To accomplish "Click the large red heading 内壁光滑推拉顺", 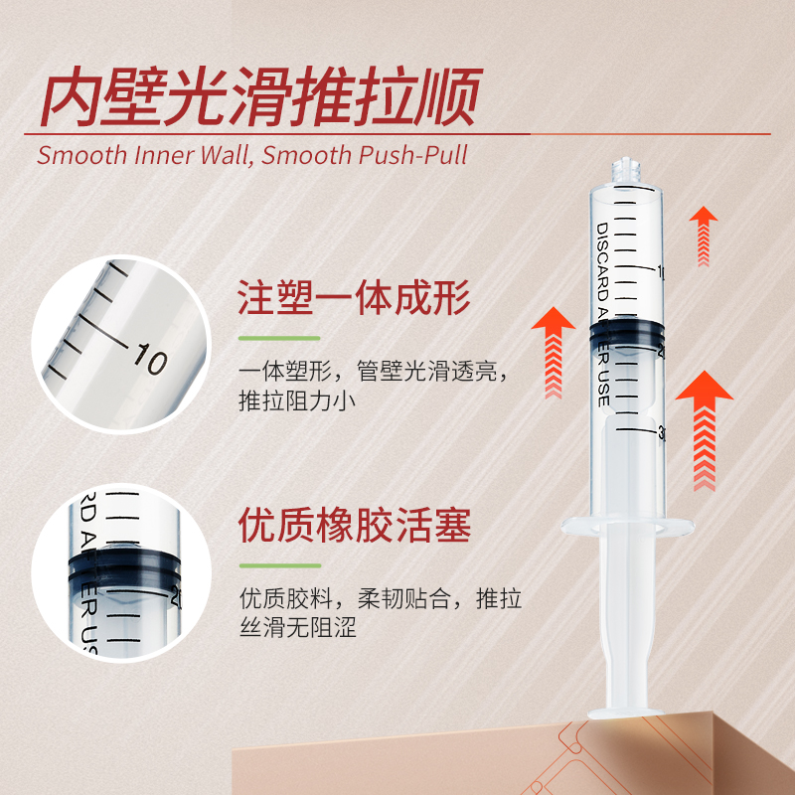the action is [x=260, y=96].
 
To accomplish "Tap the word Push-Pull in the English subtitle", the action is [x=413, y=155].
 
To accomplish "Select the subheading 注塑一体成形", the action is [x=354, y=299].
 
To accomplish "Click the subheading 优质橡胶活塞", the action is [x=355, y=526].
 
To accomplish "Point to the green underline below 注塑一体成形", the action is [x=279, y=338].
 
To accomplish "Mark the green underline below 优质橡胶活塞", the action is [x=280, y=565].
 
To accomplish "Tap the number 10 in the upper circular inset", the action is [x=150, y=358].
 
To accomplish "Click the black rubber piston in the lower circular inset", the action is [x=124, y=567].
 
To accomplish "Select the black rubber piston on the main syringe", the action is [x=627, y=334].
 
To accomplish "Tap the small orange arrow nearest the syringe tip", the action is [x=704, y=237].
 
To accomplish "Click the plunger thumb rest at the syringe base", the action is [x=626, y=713].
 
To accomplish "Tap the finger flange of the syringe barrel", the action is [x=627, y=527].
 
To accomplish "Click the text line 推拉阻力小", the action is [x=297, y=400].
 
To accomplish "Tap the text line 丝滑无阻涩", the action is [x=298, y=628].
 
